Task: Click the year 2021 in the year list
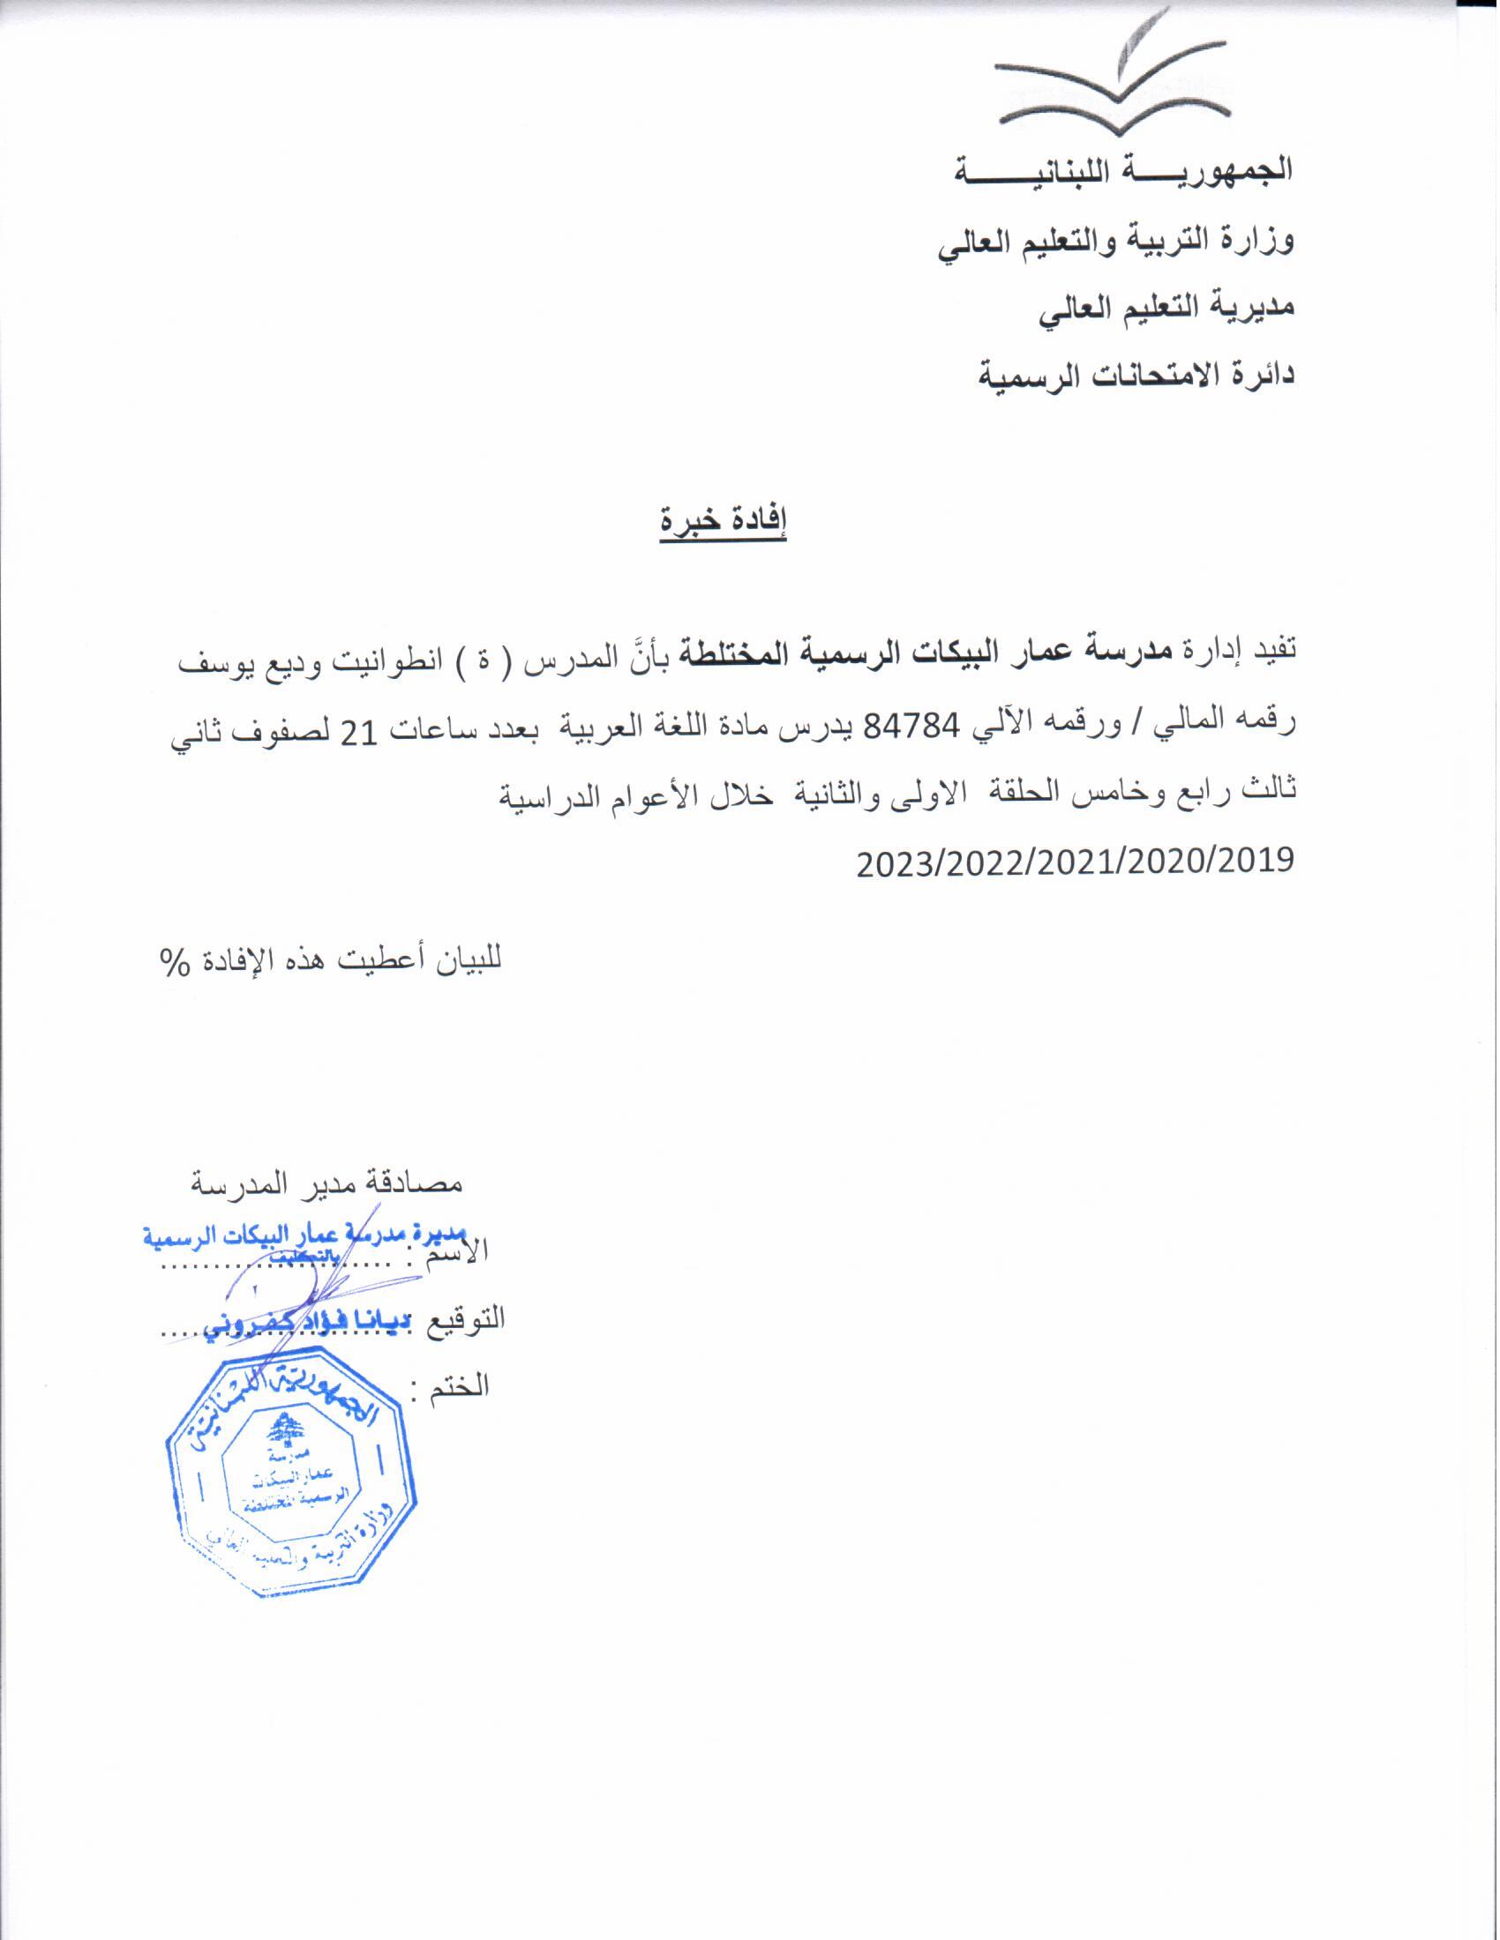point(1076,861)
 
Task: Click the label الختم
point(461,1384)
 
